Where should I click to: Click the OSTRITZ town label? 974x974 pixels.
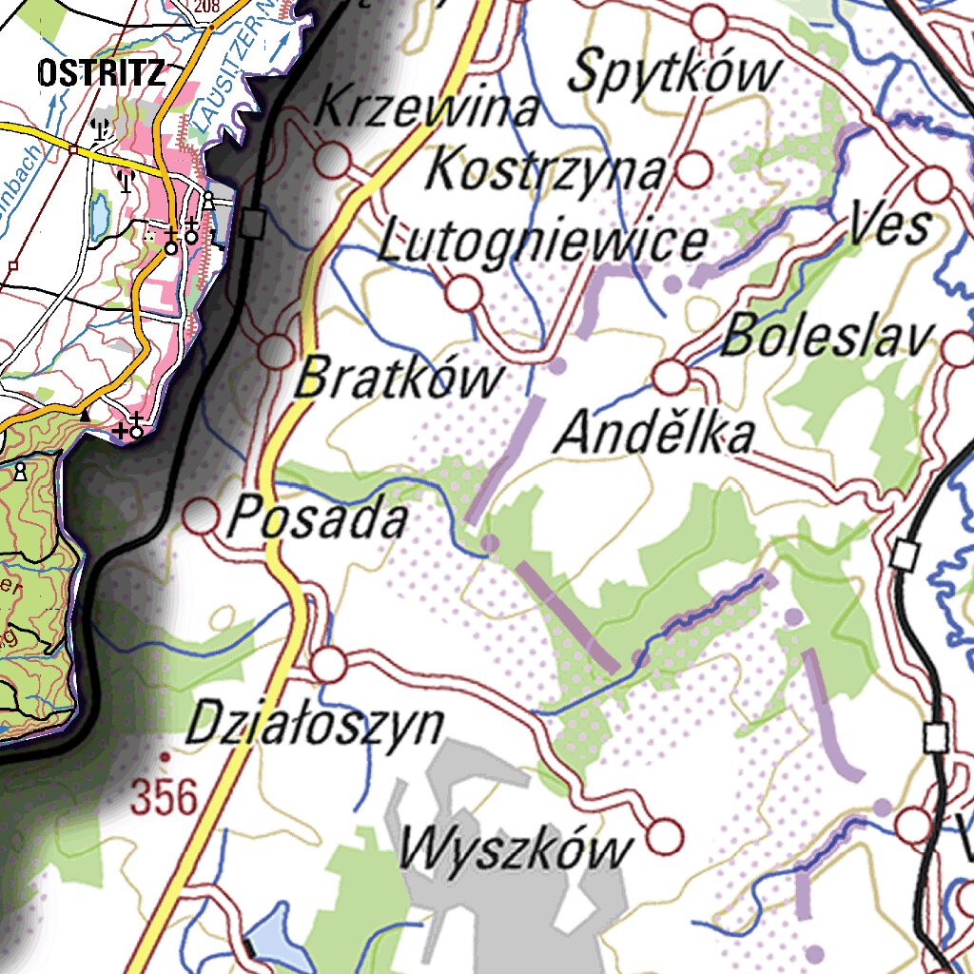click(x=102, y=73)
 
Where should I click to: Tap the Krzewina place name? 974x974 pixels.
click(x=426, y=107)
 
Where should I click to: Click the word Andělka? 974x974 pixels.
click(x=655, y=435)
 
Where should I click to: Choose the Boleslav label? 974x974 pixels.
click(x=827, y=338)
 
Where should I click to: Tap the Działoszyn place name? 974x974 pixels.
click(x=315, y=725)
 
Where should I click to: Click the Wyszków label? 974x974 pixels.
click(x=515, y=847)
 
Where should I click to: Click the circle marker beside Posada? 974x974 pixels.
click(x=201, y=517)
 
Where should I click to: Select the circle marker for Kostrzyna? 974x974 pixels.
click(x=695, y=170)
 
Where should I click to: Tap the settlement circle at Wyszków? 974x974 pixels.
click(x=665, y=837)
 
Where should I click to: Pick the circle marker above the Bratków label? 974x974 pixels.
click(x=278, y=351)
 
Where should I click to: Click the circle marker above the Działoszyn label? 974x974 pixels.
click(x=329, y=664)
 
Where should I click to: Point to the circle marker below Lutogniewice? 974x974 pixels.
click(x=463, y=293)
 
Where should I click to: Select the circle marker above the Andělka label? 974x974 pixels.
click(x=672, y=378)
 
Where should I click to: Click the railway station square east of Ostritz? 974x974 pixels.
click(x=252, y=224)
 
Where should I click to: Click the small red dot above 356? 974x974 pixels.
click(x=165, y=757)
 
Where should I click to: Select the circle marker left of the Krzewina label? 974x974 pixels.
click(x=332, y=161)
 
